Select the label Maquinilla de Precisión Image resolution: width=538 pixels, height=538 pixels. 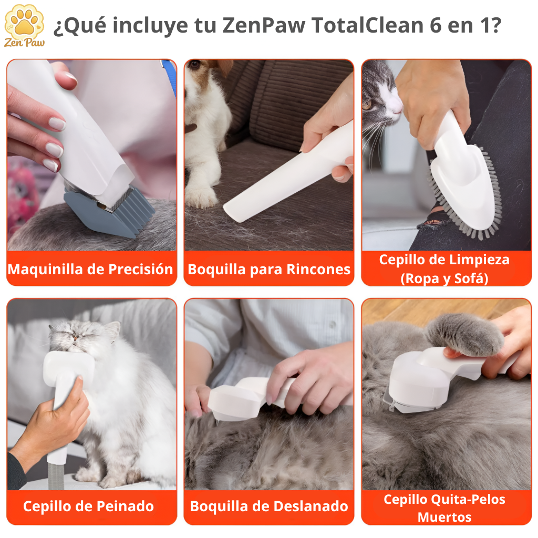tap(90, 270)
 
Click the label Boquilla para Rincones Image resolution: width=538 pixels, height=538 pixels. tap(269, 270)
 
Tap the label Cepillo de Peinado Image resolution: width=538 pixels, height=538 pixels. tap(88, 506)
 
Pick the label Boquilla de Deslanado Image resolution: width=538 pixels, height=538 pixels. tap(269, 506)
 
